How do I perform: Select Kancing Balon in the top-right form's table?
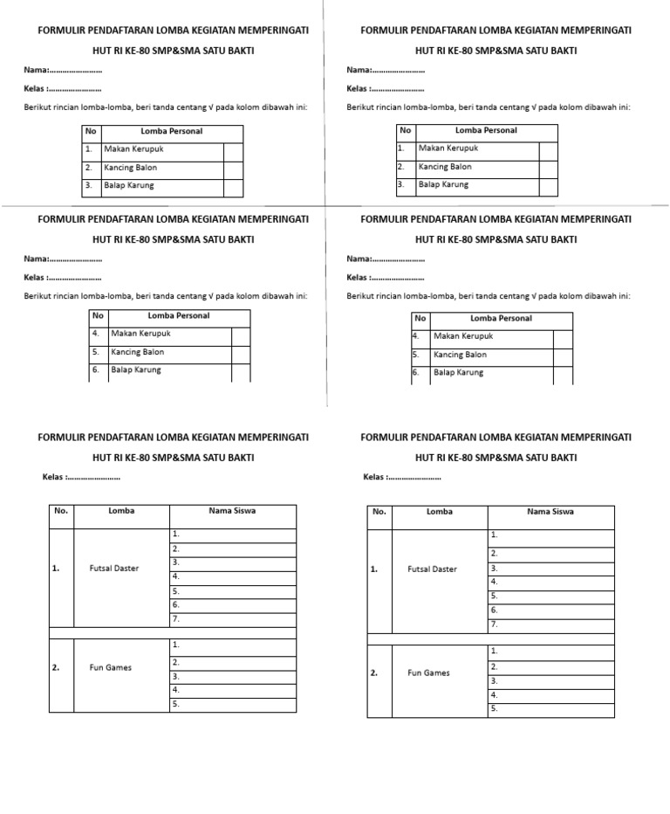tap(445, 167)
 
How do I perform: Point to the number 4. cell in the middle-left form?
tap(97, 334)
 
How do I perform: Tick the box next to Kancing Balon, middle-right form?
tap(563, 355)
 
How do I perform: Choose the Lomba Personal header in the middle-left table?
tap(179, 316)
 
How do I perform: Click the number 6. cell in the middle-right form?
tap(420, 373)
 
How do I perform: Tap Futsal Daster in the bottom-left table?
tap(114, 569)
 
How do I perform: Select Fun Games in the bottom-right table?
tap(429, 673)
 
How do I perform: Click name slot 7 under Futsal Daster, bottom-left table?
tap(232, 619)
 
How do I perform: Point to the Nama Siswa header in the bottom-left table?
tap(232, 511)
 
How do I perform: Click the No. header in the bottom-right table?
tap(379, 512)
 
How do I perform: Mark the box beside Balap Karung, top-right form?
tap(547, 185)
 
